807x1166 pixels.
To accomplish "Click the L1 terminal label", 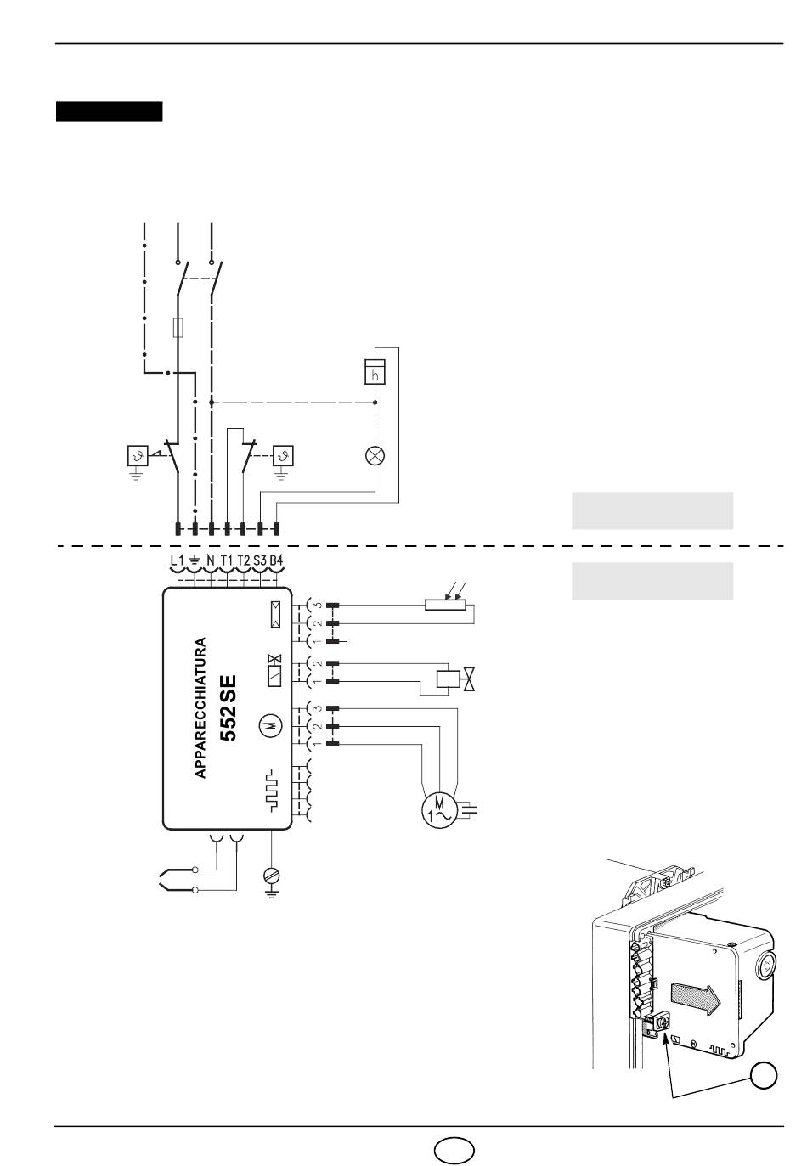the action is pyautogui.click(x=177, y=560).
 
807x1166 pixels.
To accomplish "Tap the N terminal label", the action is pyautogui.click(x=211, y=560).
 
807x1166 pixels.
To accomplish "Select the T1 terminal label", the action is pyautogui.click(x=227, y=560).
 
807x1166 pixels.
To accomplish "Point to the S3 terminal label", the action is pyautogui.click(x=260, y=560).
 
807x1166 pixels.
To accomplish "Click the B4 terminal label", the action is pyautogui.click(x=276, y=560).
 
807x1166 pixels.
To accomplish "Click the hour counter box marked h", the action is pyautogui.click(x=375, y=372).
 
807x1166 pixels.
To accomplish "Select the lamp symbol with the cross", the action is pyautogui.click(x=375, y=456).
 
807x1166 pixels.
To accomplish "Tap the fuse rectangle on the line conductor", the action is pyautogui.click(x=178, y=327).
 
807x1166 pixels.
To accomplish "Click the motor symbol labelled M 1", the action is pyautogui.click(x=439, y=810).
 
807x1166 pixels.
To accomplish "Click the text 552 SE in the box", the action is pyautogui.click(x=228, y=708).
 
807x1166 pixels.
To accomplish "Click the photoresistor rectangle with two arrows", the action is pyautogui.click(x=445, y=605).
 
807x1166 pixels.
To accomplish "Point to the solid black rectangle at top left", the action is pyautogui.click(x=110, y=111).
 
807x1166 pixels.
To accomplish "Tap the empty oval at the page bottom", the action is pyautogui.click(x=454, y=1148).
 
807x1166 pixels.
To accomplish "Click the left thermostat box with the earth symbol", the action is pyautogui.click(x=138, y=456).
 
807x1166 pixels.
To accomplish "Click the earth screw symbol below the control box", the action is pyautogui.click(x=272, y=876).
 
